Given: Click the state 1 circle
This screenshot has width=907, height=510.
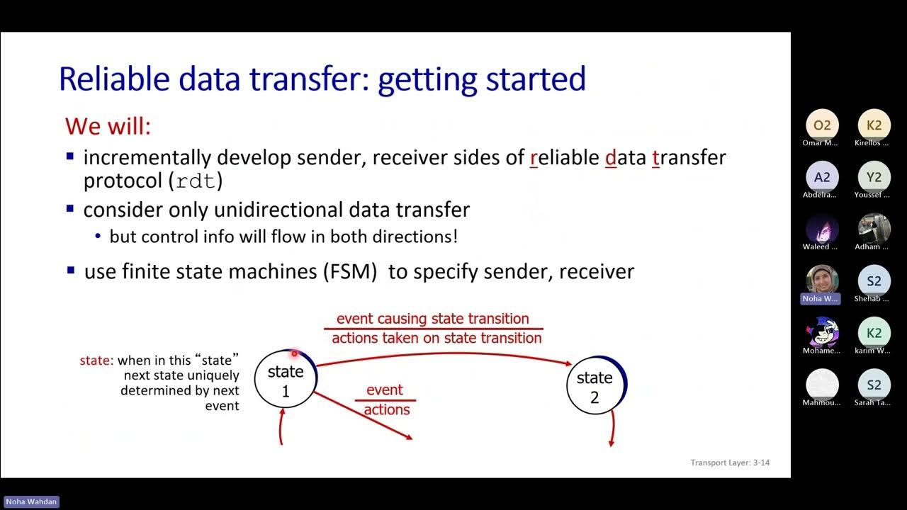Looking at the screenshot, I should pos(285,380).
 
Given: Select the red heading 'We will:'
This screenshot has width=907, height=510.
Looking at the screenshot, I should pos(108,126).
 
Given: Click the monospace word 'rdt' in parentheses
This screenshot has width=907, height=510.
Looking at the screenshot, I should pos(196,181).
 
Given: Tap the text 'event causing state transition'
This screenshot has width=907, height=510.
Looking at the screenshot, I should pos(432,319).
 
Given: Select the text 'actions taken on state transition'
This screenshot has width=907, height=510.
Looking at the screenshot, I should pos(436,339).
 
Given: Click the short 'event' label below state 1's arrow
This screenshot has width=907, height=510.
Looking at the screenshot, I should pos(385,390).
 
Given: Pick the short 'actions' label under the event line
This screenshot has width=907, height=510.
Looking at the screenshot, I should pos(387,410).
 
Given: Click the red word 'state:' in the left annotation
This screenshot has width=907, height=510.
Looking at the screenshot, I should pos(96,361).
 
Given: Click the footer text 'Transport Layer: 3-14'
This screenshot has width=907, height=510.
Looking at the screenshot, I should pos(730,463).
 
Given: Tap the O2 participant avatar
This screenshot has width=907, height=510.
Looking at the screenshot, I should pos(822,125).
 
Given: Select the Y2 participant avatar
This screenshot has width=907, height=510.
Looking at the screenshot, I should pos(874,177).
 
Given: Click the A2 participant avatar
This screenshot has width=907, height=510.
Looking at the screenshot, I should pos(822,177).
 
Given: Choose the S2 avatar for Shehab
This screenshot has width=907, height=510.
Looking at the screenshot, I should pos(874,281).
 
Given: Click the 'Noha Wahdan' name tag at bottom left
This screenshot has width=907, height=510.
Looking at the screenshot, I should pos(32,501).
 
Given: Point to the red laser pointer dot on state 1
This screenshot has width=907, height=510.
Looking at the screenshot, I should pos(294,353).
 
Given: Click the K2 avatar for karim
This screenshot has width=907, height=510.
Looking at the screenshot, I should pos(874,333).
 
